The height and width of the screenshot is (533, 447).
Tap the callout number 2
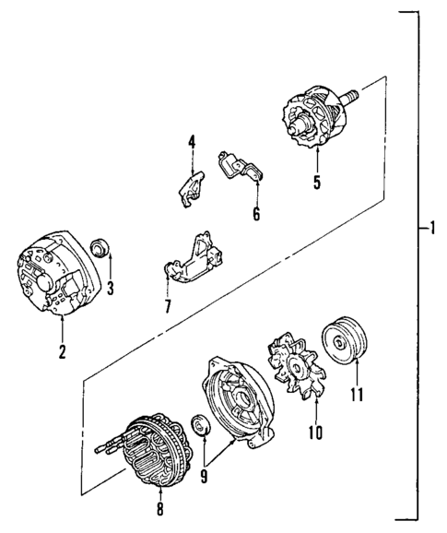pos(62,350)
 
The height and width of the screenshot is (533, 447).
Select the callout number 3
pos(110,288)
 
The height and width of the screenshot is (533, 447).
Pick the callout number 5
pos(316,182)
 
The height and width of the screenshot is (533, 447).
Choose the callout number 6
pos(257,215)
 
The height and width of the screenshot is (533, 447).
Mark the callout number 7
pos(168,306)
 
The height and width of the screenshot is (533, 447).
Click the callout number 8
pos(159,506)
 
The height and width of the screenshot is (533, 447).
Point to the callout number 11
pos(357,396)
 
